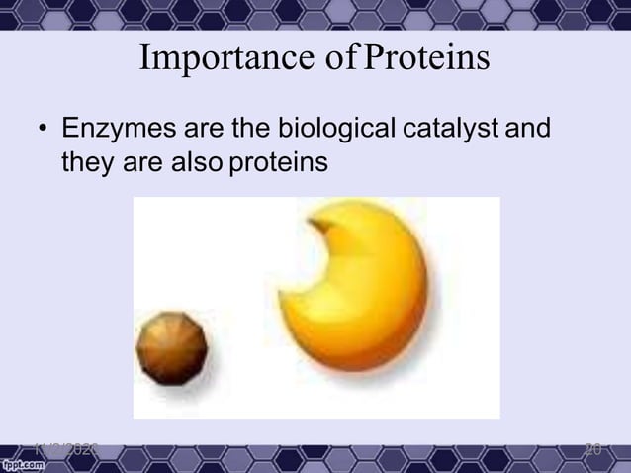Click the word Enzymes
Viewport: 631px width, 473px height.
(114, 130)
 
